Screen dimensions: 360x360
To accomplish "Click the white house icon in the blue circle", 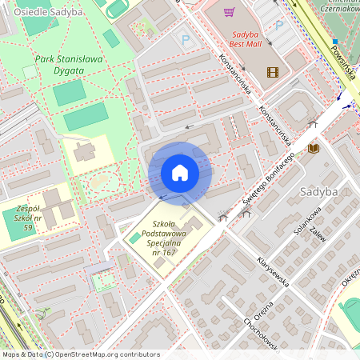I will tap(180, 173).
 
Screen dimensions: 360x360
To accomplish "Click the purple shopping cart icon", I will tap(229, 13).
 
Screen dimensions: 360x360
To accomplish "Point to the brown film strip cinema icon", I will tap(273, 72).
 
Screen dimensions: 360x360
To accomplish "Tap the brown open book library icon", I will tap(314, 149).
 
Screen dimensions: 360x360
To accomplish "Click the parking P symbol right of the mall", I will tap(279, 25).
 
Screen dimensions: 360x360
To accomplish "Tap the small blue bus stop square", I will tap(336, 41).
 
